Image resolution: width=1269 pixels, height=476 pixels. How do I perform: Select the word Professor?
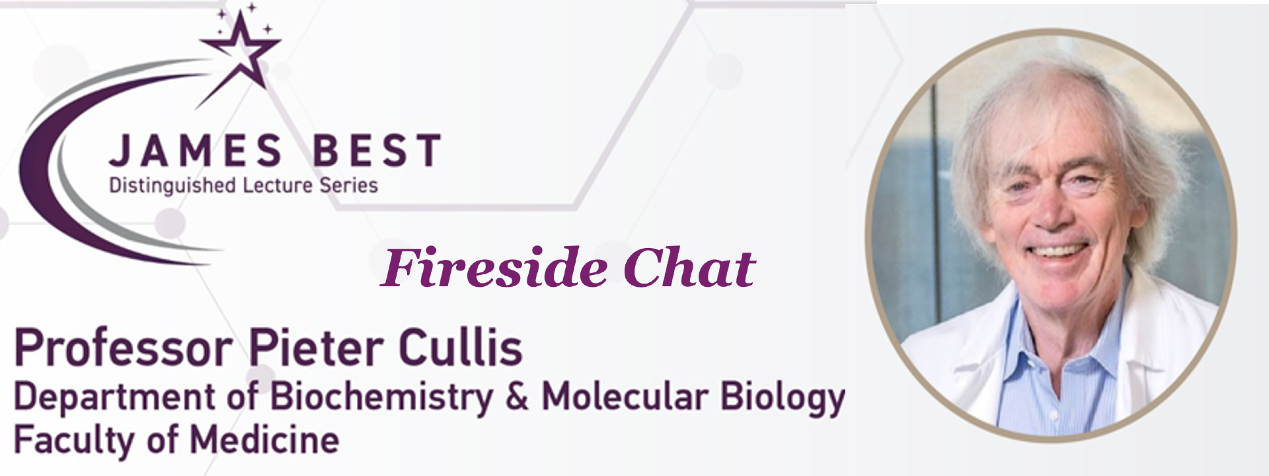tap(124, 349)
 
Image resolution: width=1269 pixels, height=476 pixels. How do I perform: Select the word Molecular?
tap(625, 396)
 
